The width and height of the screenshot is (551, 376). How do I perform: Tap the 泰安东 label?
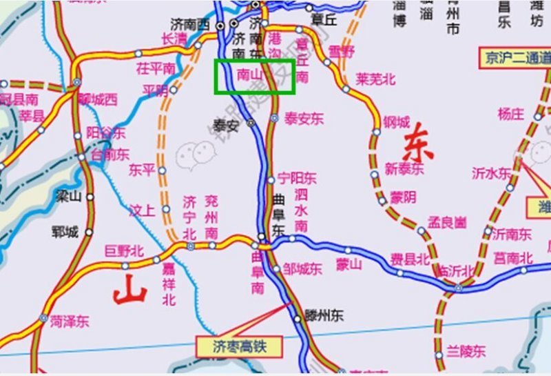point(304,118)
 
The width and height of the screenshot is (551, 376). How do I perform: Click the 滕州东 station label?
point(324,316)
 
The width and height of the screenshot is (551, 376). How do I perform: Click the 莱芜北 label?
point(376,79)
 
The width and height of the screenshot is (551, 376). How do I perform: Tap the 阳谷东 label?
point(105,133)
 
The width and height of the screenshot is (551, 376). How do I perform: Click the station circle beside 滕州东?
point(298,319)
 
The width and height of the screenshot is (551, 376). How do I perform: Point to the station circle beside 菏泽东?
point(43,319)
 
